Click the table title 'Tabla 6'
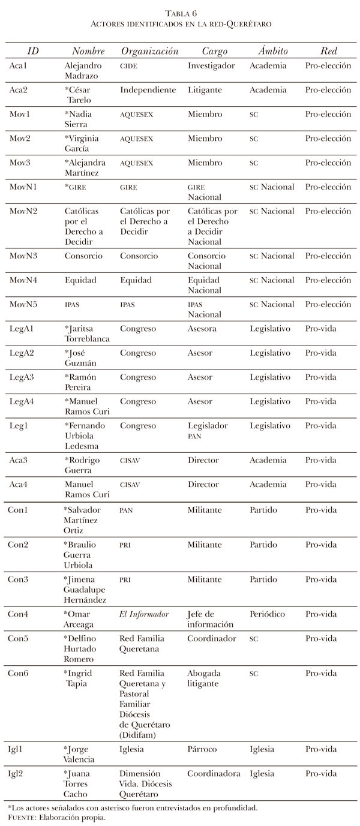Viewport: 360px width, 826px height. pyautogui.click(x=179, y=13)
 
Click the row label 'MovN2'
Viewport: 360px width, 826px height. pyautogui.click(x=23, y=211)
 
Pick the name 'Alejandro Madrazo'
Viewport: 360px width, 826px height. pyautogui.click(x=83, y=71)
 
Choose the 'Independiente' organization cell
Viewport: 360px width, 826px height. pyautogui.click(x=148, y=90)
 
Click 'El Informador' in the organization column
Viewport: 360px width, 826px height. pyautogui.click(x=144, y=614)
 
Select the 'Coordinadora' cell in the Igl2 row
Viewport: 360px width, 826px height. pyautogui.click(x=214, y=774)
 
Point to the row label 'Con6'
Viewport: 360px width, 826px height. pyautogui.click(x=20, y=673)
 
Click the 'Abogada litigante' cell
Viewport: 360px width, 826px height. pyautogui.click(x=204, y=678)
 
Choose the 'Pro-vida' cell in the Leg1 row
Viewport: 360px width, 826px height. pyautogui.click(x=320, y=425)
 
